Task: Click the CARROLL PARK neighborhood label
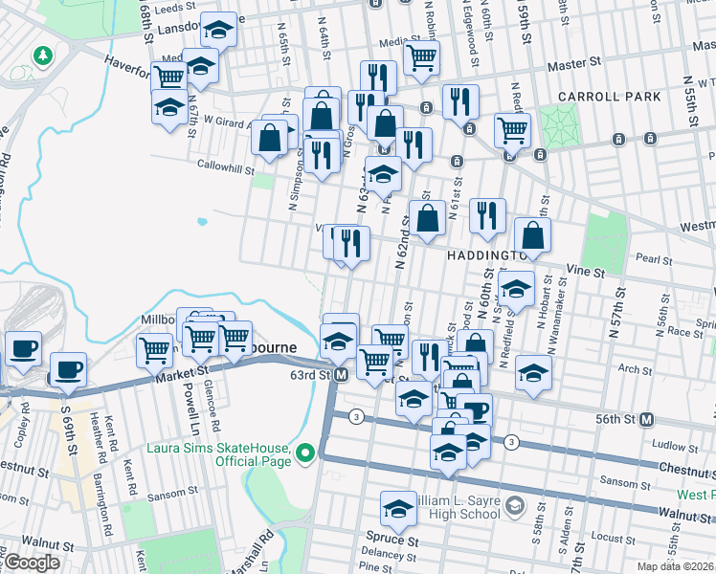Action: tap(611, 97)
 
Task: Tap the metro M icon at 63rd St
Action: tap(341, 375)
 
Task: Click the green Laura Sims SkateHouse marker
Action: tap(305, 453)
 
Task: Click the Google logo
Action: tap(32, 563)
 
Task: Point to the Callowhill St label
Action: tap(223, 165)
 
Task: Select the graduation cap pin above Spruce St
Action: tap(398, 510)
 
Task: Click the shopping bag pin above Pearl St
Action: tap(532, 235)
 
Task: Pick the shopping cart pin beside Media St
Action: tap(420, 57)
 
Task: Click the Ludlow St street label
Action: tap(668, 445)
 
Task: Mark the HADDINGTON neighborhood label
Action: tap(483, 256)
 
